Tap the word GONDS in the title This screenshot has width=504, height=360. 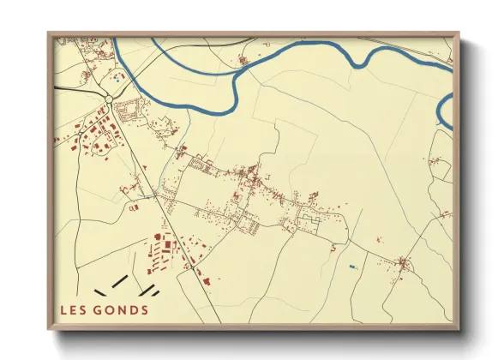(121, 310)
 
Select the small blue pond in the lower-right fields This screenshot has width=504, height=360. (352, 267)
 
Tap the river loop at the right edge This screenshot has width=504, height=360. (445, 111)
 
